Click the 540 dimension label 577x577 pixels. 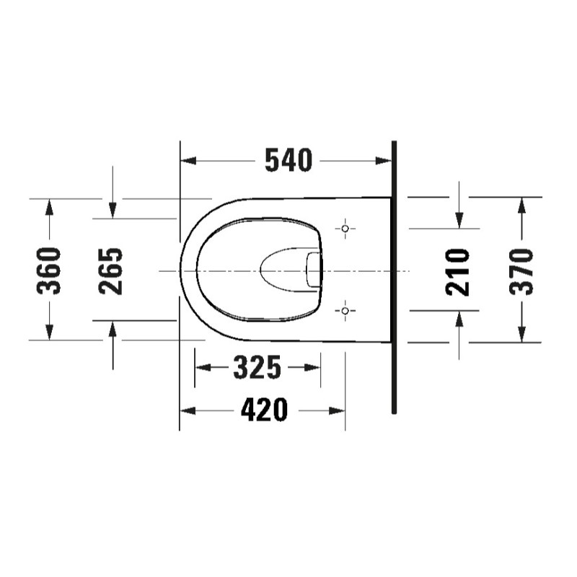click(288, 161)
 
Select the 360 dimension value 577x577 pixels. click(48, 271)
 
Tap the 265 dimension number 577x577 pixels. click(110, 271)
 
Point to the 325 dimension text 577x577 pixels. click(257, 367)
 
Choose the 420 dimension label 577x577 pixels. click(264, 410)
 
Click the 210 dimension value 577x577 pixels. click(457, 273)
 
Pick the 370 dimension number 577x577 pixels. click(521, 272)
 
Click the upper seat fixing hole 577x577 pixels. click(345, 229)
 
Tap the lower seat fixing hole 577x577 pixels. click(345, 311)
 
